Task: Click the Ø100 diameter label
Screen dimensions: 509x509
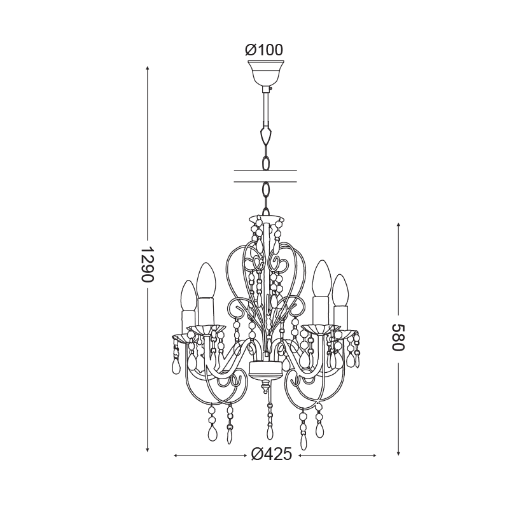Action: click(x=264, y=50)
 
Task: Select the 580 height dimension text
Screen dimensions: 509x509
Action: click(x=398, y=337)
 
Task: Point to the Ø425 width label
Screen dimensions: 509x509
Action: click(x=272, y=454)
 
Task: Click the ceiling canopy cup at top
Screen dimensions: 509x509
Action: click(x=265, y=73)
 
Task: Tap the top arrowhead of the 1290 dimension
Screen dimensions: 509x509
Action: click(x=148, y=68)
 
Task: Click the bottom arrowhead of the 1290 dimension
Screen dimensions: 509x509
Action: click(x=148, y=449)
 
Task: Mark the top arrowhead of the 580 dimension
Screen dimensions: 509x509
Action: click(x=398, y=225)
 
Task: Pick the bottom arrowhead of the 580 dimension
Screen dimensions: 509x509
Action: click(x=398, y=453)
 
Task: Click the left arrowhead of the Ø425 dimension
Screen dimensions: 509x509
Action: click(x=176, y=456)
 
